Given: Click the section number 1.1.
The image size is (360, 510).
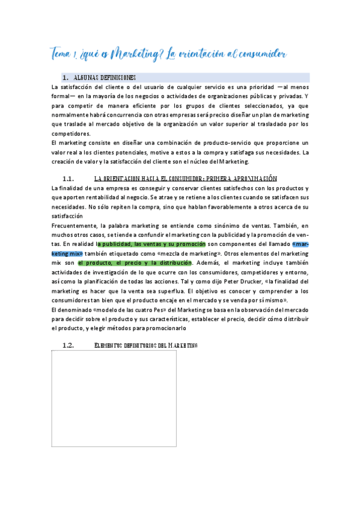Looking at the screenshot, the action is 68,179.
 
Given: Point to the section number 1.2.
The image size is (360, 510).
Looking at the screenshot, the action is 68,345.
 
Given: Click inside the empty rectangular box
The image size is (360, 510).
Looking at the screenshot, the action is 114,398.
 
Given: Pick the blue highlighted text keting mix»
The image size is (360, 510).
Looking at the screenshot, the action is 67,253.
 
